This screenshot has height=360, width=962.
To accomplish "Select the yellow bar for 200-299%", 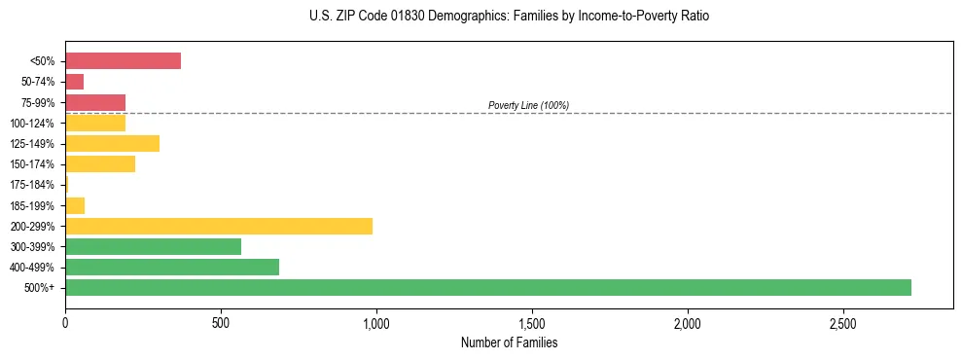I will [x=219, y=226].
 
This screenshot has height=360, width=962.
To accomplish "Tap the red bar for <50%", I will [x=123, y=60].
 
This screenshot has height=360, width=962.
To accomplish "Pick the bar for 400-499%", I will [x=172, y=267].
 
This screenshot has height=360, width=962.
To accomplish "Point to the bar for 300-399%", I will [x=153, y=246].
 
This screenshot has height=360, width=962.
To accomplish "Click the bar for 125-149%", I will [x=112, y=143].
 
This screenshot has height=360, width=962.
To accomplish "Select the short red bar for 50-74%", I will [x=74, y=81].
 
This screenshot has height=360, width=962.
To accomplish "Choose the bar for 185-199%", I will [x=75, y=205].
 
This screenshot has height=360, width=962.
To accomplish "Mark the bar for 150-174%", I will [x=100, y=163].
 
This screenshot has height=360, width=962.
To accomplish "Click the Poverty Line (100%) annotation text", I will [x=528, y=105].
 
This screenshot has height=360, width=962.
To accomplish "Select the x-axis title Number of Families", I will [x=509, y=342].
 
